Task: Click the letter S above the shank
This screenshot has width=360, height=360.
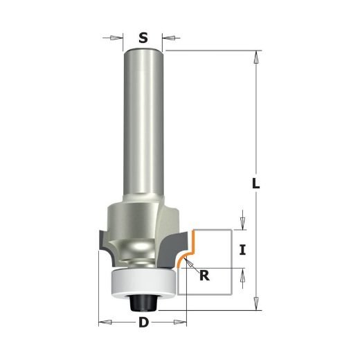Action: [x=143, y=38]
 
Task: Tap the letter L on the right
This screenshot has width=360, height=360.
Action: [x=255, y=183]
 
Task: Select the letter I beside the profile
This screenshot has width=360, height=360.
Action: [x=242, y=250]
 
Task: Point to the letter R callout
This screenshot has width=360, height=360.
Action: [x=204, y=275]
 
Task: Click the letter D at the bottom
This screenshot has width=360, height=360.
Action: [x=143, y=322]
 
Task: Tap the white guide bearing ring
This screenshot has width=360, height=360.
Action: [x=144, y=282]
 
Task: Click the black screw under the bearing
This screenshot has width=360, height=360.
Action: [x=143, y=303]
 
